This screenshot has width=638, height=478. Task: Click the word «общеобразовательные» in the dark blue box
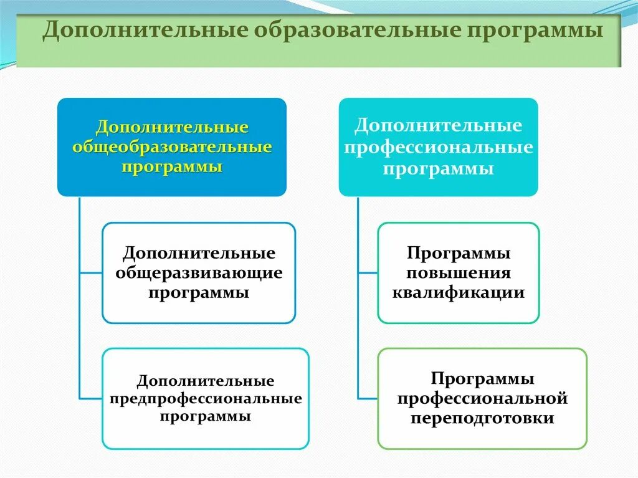point(173,148)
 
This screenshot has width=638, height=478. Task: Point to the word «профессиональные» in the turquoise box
point(438,148)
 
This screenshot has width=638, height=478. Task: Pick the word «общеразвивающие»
point(199,273)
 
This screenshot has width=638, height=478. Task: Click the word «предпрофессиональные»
point(206,398)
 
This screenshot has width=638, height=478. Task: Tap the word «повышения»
point(459,273)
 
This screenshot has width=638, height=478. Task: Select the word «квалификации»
point(459,292)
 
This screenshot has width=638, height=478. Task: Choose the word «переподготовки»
point(482,418)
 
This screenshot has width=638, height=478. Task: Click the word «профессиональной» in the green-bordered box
point(482,398)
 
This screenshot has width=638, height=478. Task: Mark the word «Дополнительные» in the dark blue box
point(173,128)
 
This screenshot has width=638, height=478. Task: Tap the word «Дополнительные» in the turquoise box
point(438,126)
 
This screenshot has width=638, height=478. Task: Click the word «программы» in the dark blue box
point(173,168)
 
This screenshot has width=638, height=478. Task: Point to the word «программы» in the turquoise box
point(438,169)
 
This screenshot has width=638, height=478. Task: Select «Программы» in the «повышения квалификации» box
point(459,254)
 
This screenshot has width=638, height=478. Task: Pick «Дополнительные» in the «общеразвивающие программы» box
point(199,254)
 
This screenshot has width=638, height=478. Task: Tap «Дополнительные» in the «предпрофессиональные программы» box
point(206,380)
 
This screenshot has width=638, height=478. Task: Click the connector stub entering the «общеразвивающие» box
point(91,273)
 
